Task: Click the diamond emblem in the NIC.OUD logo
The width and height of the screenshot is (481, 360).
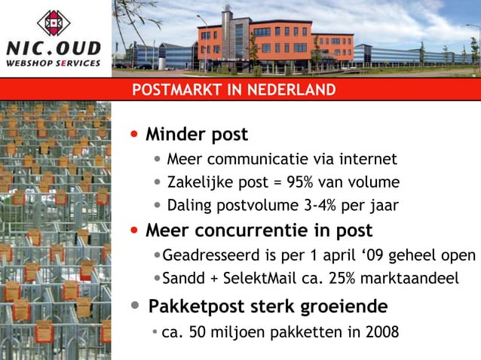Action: tap(54, 23)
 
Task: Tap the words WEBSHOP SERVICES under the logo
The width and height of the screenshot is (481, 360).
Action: tap(54, 63)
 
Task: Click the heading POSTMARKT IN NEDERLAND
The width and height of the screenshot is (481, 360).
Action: tap(234, 90)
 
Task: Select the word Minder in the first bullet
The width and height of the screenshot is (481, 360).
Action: tap(173, 135)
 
